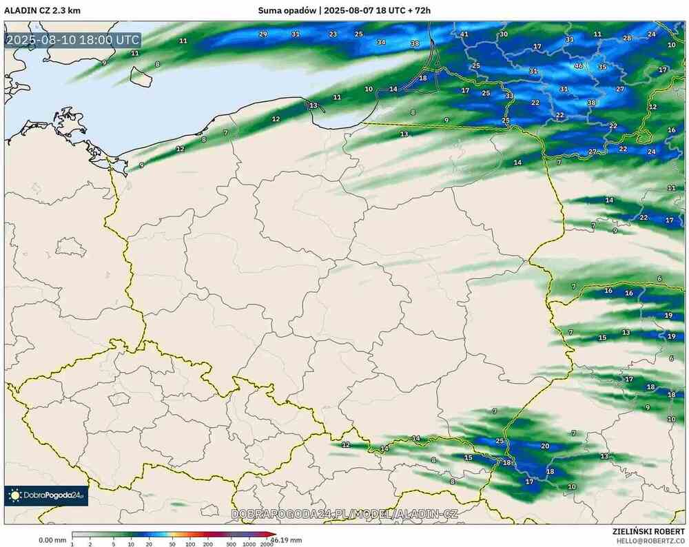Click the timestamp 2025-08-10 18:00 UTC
pyautogui.click(x=72, y=40)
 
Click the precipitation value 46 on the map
pyautogui.click(x=579, y=66)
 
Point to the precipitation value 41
pyautogui.click(x=464, y=34)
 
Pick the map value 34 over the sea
pyautogui.click(x=381, y=43)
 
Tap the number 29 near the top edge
pyautogui.click(x=263, y=34)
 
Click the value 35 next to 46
pyautogui.click(x=602, y=67)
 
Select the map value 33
pyautogui.click(x=509, y=96)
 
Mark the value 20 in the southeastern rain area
pyautogui.click(x=545, y=446)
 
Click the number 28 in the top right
pyautogui.click(x=627, y=38)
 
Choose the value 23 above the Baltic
pyautogui.click(x=333, y=34)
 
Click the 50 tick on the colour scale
pyautogui.click(x=172, y=543)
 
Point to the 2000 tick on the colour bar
pyautogui.click(x=266, y=543)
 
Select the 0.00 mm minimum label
pyautogui.click(x=52, y=539)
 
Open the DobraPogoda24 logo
pyautogui.click(x=46, y=495)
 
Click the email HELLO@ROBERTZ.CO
pyautogui.click(x=650, y=541)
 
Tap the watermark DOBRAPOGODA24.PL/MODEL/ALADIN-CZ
pyautogui.click(x=344, y=514)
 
